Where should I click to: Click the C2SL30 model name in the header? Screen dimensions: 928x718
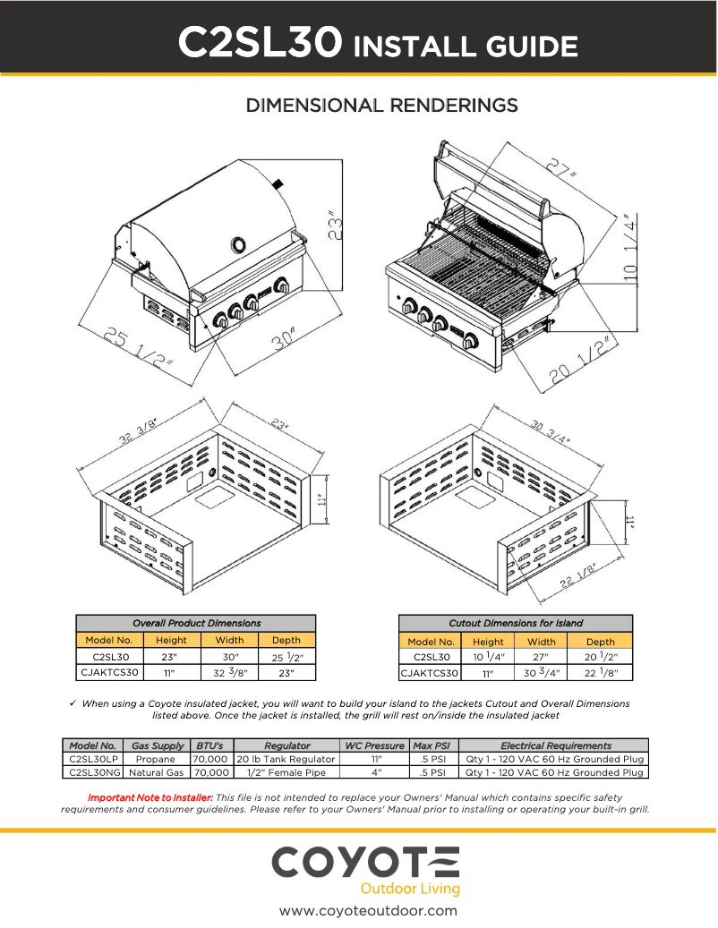pyautogui.click(x=261, y=42)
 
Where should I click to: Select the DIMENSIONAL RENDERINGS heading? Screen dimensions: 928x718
pyautogui.click(x=382, y=106)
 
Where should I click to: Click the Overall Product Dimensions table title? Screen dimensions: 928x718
pyautogui.click(x=196, y=623)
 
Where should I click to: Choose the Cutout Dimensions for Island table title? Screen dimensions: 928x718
pyautogui.click(x=515, y=623)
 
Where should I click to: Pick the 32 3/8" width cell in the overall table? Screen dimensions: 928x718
pyautogui.click(x=230, y=672)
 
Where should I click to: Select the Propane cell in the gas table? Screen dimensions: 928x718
pyautogui.click(x=155, y=759)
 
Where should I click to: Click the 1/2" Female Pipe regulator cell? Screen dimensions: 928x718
pyautogui.click(x=286, y=772)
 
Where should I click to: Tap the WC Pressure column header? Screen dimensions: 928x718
pyautogui.click(x=374, y=745)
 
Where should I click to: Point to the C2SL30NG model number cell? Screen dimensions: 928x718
pyautogui.click(x=94, y=772)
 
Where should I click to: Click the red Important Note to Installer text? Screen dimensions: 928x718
pyautogui.click(x=150, y=797)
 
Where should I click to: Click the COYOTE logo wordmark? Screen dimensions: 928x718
pyautogui.click(x=365, y=864)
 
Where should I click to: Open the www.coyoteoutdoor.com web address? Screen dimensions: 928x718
pyautogui.click(x=368, y=911)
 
